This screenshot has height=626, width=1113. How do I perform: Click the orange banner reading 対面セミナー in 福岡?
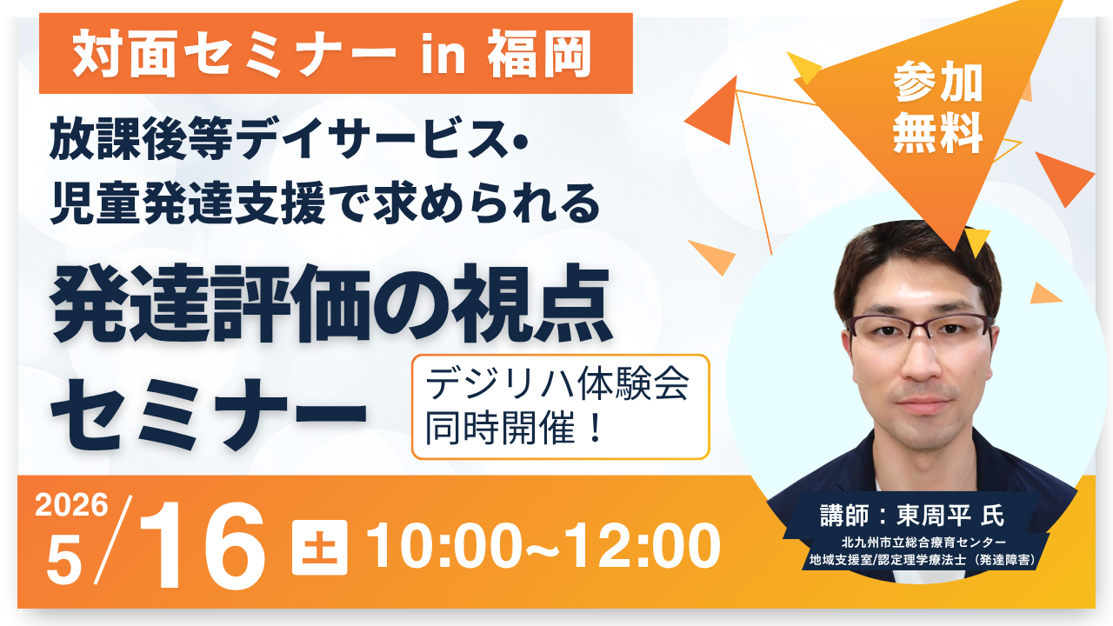[335, 54]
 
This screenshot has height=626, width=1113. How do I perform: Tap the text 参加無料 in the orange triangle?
[937, 110]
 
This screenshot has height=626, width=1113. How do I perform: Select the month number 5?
[63, 560]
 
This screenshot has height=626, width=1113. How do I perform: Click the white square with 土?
[319, 547]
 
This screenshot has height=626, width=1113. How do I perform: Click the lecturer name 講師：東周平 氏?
[911, 515]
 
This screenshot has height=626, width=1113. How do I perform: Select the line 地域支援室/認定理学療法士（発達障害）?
[918, 562]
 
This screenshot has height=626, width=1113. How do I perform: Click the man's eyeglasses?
[919, 328]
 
